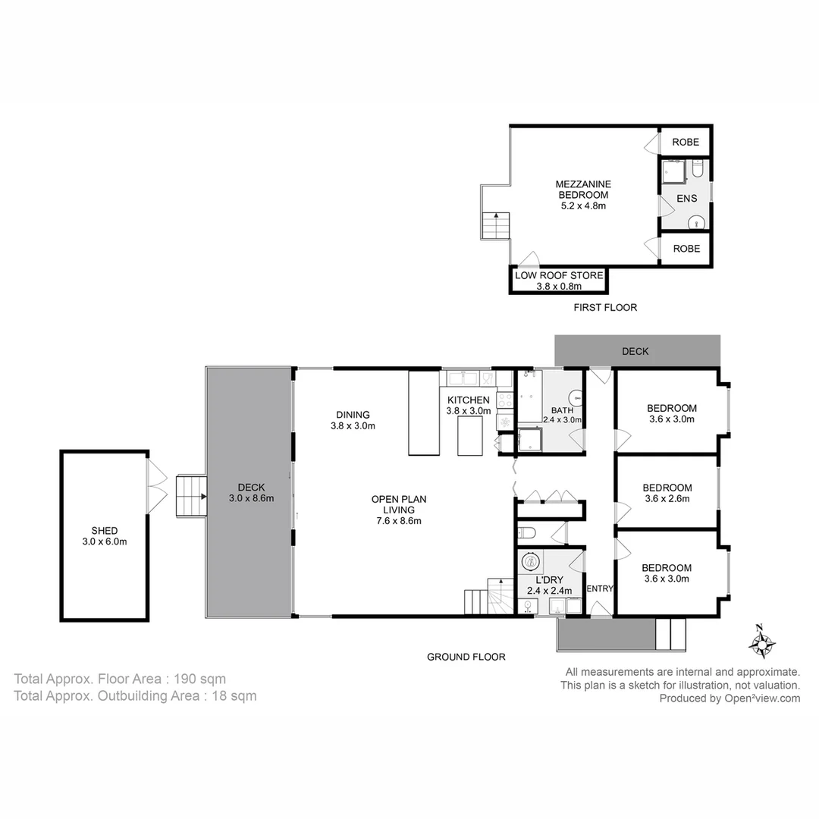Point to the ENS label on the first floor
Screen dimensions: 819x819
tap(686, 199)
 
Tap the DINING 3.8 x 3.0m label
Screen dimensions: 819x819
tap(353, 420)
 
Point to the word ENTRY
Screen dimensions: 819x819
tap(600, 588)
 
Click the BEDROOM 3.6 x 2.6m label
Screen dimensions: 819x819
tap(667, 493)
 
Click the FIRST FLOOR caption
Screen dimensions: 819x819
tap(605, 308)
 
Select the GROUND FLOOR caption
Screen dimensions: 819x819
tap(466, 657)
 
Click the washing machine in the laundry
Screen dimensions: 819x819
tap(531, 562)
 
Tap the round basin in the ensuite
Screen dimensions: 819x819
tap(696, 223)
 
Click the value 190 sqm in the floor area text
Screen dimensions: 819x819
tap(200, 679)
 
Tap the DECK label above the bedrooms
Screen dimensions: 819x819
tap(635, 352)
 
